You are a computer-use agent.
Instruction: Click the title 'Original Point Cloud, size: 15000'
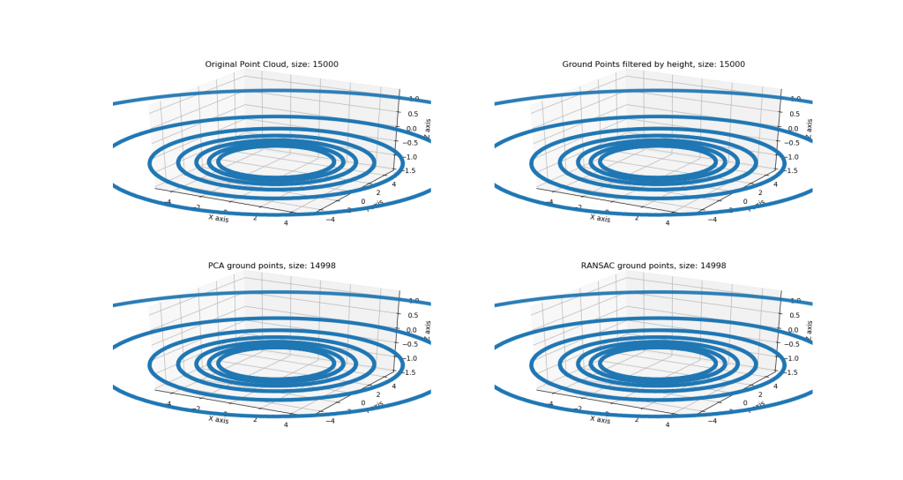click(x=272, y=64)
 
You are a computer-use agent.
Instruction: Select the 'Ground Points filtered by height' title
click(x=653, y=64)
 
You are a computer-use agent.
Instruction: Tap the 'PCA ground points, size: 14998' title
click(x=272, y=266)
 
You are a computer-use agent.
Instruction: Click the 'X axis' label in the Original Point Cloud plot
click(x=218, y=217)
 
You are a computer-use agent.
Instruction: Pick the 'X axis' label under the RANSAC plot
click(x=600, y=418)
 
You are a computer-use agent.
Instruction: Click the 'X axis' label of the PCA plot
click(x=218, y=418)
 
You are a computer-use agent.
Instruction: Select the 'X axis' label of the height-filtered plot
click(x=600, y=217)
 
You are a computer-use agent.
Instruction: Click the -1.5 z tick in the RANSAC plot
click(x=794, y=372)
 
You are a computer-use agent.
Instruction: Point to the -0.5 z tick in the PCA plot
click(x=412, y=344)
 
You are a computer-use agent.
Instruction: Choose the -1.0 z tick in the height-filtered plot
click(x=794, y=157)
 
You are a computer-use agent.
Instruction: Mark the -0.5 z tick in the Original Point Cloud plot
click(x=412, y=143)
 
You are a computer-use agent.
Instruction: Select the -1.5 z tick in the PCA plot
click(x=412, y=372)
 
